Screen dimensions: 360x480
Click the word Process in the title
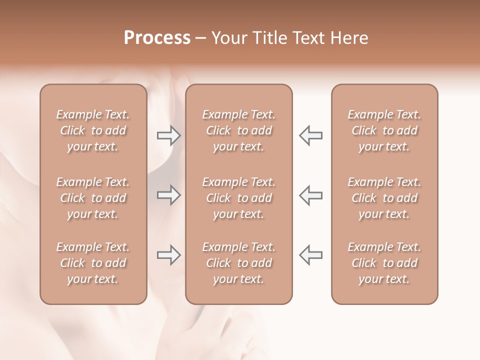coord(157,38)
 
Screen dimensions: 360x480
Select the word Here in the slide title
coord(350,38)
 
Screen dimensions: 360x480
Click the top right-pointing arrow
coord(168,135)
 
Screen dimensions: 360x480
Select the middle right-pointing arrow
coord(168,195)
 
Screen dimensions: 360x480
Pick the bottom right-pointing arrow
coord(168,255)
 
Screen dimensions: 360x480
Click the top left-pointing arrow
coord(311,135)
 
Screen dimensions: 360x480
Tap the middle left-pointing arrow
coord(311,195)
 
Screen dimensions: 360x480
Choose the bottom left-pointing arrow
coord(311,255)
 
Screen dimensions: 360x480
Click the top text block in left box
coord(93,130)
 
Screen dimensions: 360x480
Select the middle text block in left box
coord(93,198)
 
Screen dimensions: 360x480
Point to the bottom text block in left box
coord(93,263)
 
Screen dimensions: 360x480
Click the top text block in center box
coord(238,130)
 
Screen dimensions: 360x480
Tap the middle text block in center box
coord(238,198)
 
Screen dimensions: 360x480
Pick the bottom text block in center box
coord(238,263)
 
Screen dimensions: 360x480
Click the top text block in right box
coord(384,130)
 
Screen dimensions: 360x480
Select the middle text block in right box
coord(384,198)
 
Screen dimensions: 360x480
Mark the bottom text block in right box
coord(384,263)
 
